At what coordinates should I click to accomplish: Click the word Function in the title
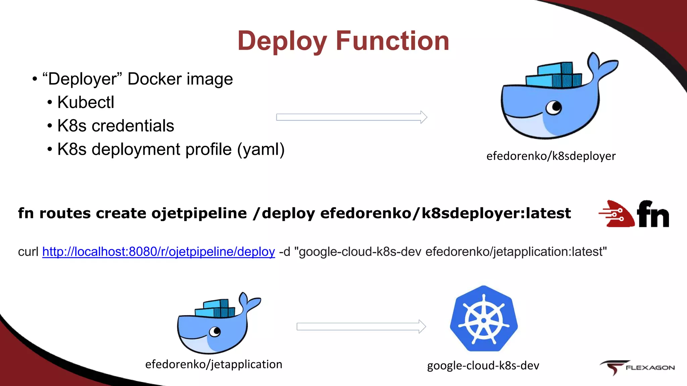tap(392, 41)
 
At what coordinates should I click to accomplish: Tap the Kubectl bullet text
tap(86, 102)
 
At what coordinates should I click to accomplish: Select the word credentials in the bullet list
tap(133, 126)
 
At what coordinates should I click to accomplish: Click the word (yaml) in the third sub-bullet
tap(261, 149)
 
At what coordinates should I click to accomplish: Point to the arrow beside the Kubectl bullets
tap(351, 117)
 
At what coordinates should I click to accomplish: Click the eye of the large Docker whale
tap(554, 108)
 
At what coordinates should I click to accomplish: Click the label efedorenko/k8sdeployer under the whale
tap(551, 156)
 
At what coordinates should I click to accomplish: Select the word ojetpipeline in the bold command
tap(199, 213)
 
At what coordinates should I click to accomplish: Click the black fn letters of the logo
tap(653, 214)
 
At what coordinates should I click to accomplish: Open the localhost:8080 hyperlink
tap(158, 252)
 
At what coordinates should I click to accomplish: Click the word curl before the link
tap(28, 252)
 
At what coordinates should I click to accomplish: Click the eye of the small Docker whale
tap(215, 332)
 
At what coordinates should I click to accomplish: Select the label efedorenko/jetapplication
tap(214, 364)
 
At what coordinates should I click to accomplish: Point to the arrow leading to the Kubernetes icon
tap(361, 326)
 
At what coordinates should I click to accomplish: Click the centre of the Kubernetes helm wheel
tap(483, 320)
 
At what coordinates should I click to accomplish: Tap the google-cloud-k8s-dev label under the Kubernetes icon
tap(483, 366)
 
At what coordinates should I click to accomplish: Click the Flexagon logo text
tap(650, 368)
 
